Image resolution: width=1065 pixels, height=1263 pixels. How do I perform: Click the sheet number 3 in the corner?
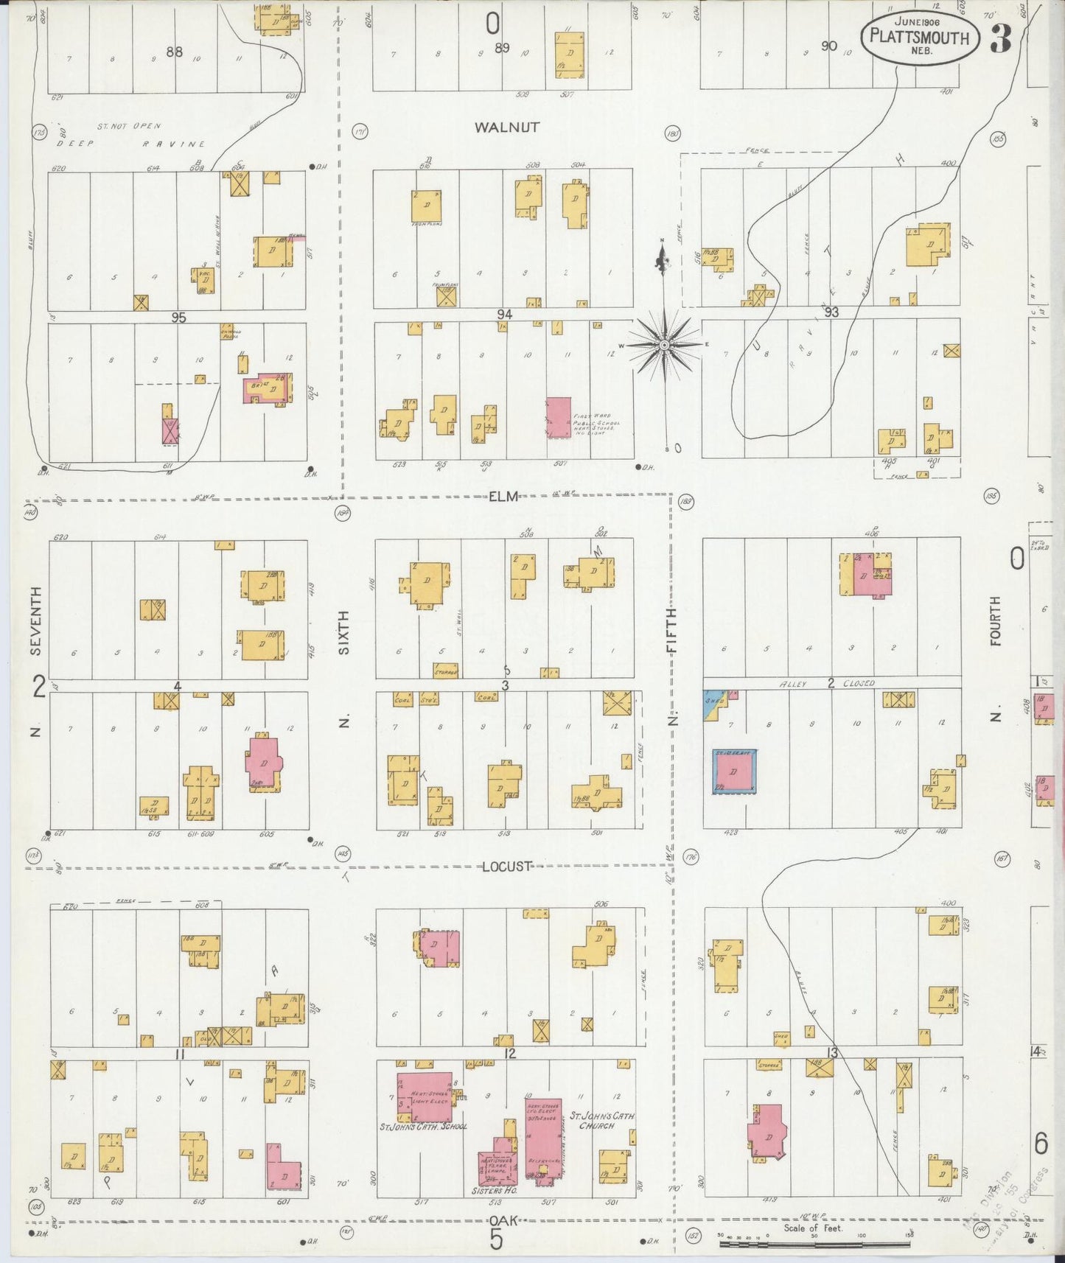point(999,39)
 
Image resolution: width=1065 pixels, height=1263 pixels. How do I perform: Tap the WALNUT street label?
point(506,127)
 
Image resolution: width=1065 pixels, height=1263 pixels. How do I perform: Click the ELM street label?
point(504,497)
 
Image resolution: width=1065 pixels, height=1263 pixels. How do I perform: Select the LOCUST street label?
point(506,867)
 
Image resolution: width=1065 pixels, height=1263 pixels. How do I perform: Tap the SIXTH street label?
point(343,632)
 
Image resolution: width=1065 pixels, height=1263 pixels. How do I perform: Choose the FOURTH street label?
point(995,621)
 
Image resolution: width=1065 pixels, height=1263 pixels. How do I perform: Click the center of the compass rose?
point(665,345)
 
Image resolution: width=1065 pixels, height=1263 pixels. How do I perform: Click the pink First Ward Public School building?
point(559,417)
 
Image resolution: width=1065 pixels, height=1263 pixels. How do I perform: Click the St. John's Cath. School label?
point(423,1127)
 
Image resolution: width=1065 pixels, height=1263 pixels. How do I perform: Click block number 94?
point(504,314)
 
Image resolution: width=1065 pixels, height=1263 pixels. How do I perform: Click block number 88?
point(175,52)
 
